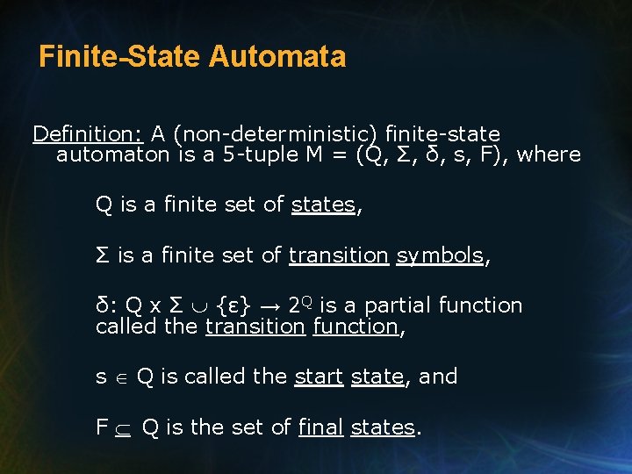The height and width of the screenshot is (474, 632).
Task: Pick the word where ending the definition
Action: (x=549, y=155)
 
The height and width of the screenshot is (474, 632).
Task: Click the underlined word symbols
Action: (x=440, y=255)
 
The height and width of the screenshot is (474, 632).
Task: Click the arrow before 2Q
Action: (x=270, y=306)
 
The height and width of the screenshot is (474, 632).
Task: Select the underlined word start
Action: (x=319, y=377)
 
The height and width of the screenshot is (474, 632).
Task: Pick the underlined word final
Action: (x=321, y=427)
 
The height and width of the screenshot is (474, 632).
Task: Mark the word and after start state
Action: (x=438, y=377)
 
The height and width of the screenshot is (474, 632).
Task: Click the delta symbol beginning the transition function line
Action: (x=102, y=305)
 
